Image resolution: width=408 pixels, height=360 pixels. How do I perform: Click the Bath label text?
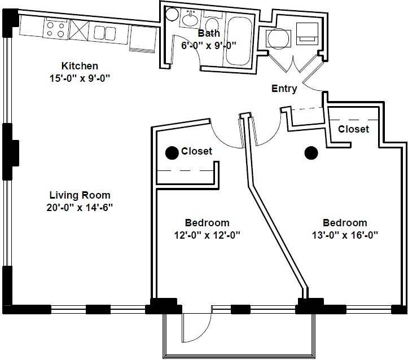point(209,33)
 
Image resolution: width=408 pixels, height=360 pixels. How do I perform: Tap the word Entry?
point(284,89)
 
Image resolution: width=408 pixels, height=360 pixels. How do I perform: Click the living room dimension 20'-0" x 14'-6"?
point(79,207)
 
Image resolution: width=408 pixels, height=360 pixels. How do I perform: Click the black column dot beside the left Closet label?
point(170,152)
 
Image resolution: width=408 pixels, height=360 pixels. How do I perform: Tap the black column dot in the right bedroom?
point(310,152)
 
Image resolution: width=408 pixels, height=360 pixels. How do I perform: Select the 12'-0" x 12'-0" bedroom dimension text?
point(207,235)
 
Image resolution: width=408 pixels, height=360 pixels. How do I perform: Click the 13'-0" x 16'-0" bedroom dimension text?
point(344,235)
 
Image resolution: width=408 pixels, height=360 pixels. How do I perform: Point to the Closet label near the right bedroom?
point(353,129)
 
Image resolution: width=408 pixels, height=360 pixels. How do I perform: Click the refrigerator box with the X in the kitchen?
point(79,29)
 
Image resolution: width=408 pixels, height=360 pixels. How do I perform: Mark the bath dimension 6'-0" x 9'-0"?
point(208,45)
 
